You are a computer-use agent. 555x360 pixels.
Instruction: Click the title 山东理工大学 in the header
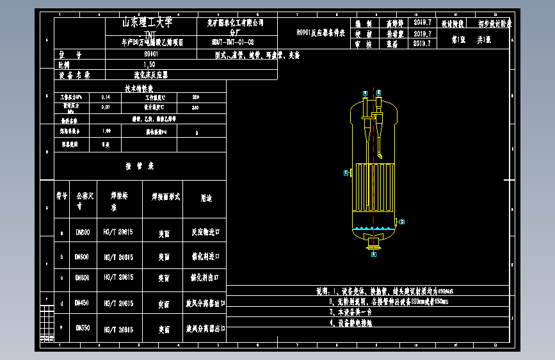148,22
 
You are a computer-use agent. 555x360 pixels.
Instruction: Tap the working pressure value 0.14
106,97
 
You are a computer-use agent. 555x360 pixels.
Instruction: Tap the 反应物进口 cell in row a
205,233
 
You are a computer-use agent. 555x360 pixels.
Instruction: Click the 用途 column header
205,199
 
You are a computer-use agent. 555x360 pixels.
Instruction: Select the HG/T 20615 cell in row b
118,257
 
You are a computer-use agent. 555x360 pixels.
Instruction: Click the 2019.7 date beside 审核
423,44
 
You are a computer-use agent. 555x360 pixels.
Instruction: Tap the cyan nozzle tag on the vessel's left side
346,173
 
